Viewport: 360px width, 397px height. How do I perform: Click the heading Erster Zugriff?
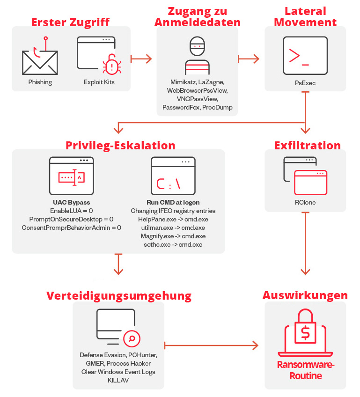coord(70,22)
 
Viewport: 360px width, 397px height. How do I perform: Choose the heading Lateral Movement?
coord(305,16)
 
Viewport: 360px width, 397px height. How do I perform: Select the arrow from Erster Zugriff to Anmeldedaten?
coord(141,59)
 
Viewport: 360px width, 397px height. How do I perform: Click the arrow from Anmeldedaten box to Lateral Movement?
coord(249,59)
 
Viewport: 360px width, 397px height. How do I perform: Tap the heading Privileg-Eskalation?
coord(120,145)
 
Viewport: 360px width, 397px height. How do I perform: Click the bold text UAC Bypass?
coord(72,203)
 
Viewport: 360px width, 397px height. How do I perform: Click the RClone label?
coord(305,203)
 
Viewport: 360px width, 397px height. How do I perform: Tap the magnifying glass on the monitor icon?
coord(132,338)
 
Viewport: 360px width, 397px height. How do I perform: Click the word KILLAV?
coord(118,381)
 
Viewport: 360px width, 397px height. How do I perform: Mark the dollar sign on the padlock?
coord(305,333)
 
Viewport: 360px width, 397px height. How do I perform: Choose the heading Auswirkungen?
coord(305,295)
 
